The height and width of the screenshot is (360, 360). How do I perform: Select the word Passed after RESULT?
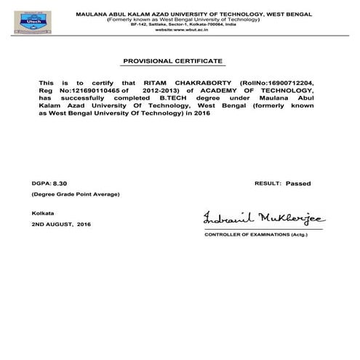tap(297, 185)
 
